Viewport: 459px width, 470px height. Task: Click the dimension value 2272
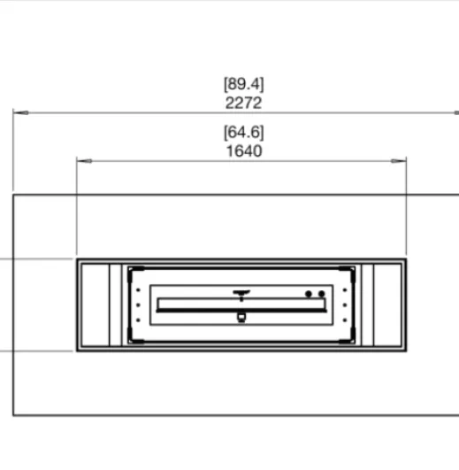(243, 103)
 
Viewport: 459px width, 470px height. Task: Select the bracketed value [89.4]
(244, 84)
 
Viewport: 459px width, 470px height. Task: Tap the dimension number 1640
(244, 151)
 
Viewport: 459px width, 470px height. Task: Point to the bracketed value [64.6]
(244, 132)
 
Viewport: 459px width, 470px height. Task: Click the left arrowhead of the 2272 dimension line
(21, 112)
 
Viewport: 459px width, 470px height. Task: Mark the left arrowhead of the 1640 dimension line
(84, 161)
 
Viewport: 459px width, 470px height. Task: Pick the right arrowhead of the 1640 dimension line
(399, 161)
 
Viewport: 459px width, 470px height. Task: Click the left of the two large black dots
(309, 294)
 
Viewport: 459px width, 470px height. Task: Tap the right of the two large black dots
(322, 294)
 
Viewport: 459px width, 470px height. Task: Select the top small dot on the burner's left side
(138, 290)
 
